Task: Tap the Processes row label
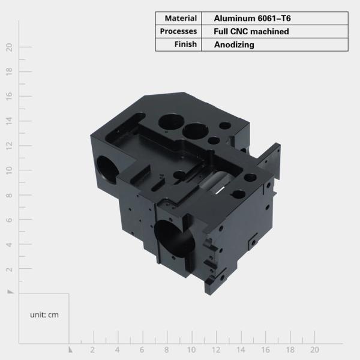pyautogui.click(x=178, y=31)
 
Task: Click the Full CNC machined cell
pyautogui.click(x=251, y=31)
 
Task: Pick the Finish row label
pyautogui.click(x=185, y=44)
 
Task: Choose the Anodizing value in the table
pyautogui.click(x=233, y=44)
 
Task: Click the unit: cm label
pyautogui.click(x=44, y=314)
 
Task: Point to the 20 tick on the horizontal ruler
pyautogui.click(x=314, y=349)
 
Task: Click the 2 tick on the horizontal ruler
pyautogui.click(x=92, y=349)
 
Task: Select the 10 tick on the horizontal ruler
pyautogui.click(x=191, y=349)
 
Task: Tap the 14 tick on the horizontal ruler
pyautogui.click(x=240, y=349)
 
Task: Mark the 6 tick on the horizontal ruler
pyautogui.click(x=142, y=349)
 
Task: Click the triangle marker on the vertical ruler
pyautogui.click(x=10, y=292)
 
